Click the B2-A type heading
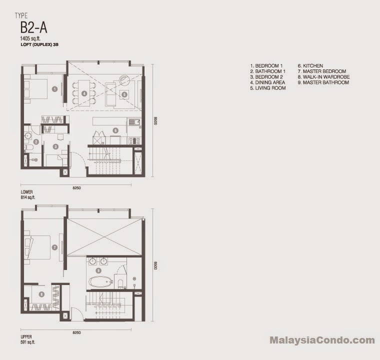pyautogui.click(x=33, y=27)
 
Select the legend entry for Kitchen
pyautogui.click(x=310, y=65)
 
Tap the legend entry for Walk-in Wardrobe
pyautogui.click(x=324, y=77)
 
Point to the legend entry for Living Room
pyautogui.click(x=268, y=88)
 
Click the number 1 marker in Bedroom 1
pyautogui.click(x=55, y=89)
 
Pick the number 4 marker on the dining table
pyautogui.click(x=84, y=93)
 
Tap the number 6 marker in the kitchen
pyautogui.click(x=115, y=130)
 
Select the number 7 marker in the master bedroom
pyautogui.click(x=54, y=247)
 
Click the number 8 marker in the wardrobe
pyautogui.click(x=41, y=294)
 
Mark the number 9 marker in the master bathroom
pyautogui.click(x=98, y=270)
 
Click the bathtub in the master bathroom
pyautogui.click(x=101, y=281)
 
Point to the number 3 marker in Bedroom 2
pyautogui.click(x=55, y=146)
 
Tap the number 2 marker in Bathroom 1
pyautogui.click(x=36, y=142)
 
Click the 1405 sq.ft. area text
pyautogui.click(x=30, y=38)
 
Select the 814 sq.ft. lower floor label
pyautogui.click(x=28, y=197)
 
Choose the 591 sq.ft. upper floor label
pyautogui.click(x=28, y=342)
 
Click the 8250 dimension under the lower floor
pyautogui.click(x=76, y=188)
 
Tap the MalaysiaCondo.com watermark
pyautogui.click(x=322, y=340)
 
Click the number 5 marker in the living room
pyautogui.click(x=124, y=94)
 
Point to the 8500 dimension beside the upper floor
pyautogui.click(x=155, y=265)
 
